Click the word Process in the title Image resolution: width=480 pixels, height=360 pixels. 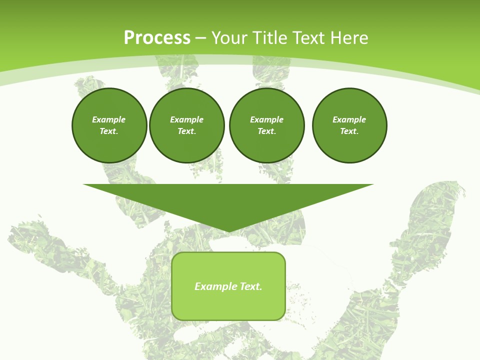click(x=157, y=38)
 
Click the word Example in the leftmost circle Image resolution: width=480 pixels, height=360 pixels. click(x=109, y=119)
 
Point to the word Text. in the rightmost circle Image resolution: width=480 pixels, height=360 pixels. click(x=349, y=131)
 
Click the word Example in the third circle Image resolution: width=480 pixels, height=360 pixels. click(x=266, y=119)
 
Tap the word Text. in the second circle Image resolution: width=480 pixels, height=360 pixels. click(x=186, y=131)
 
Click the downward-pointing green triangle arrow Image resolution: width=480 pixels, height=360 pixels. click(x=228, y=200)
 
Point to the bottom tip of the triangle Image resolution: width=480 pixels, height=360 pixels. click(x=228, y=230)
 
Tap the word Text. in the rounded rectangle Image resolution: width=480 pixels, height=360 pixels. click(x=251, y=286)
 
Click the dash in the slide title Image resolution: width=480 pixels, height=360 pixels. click(x=200, y=38)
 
